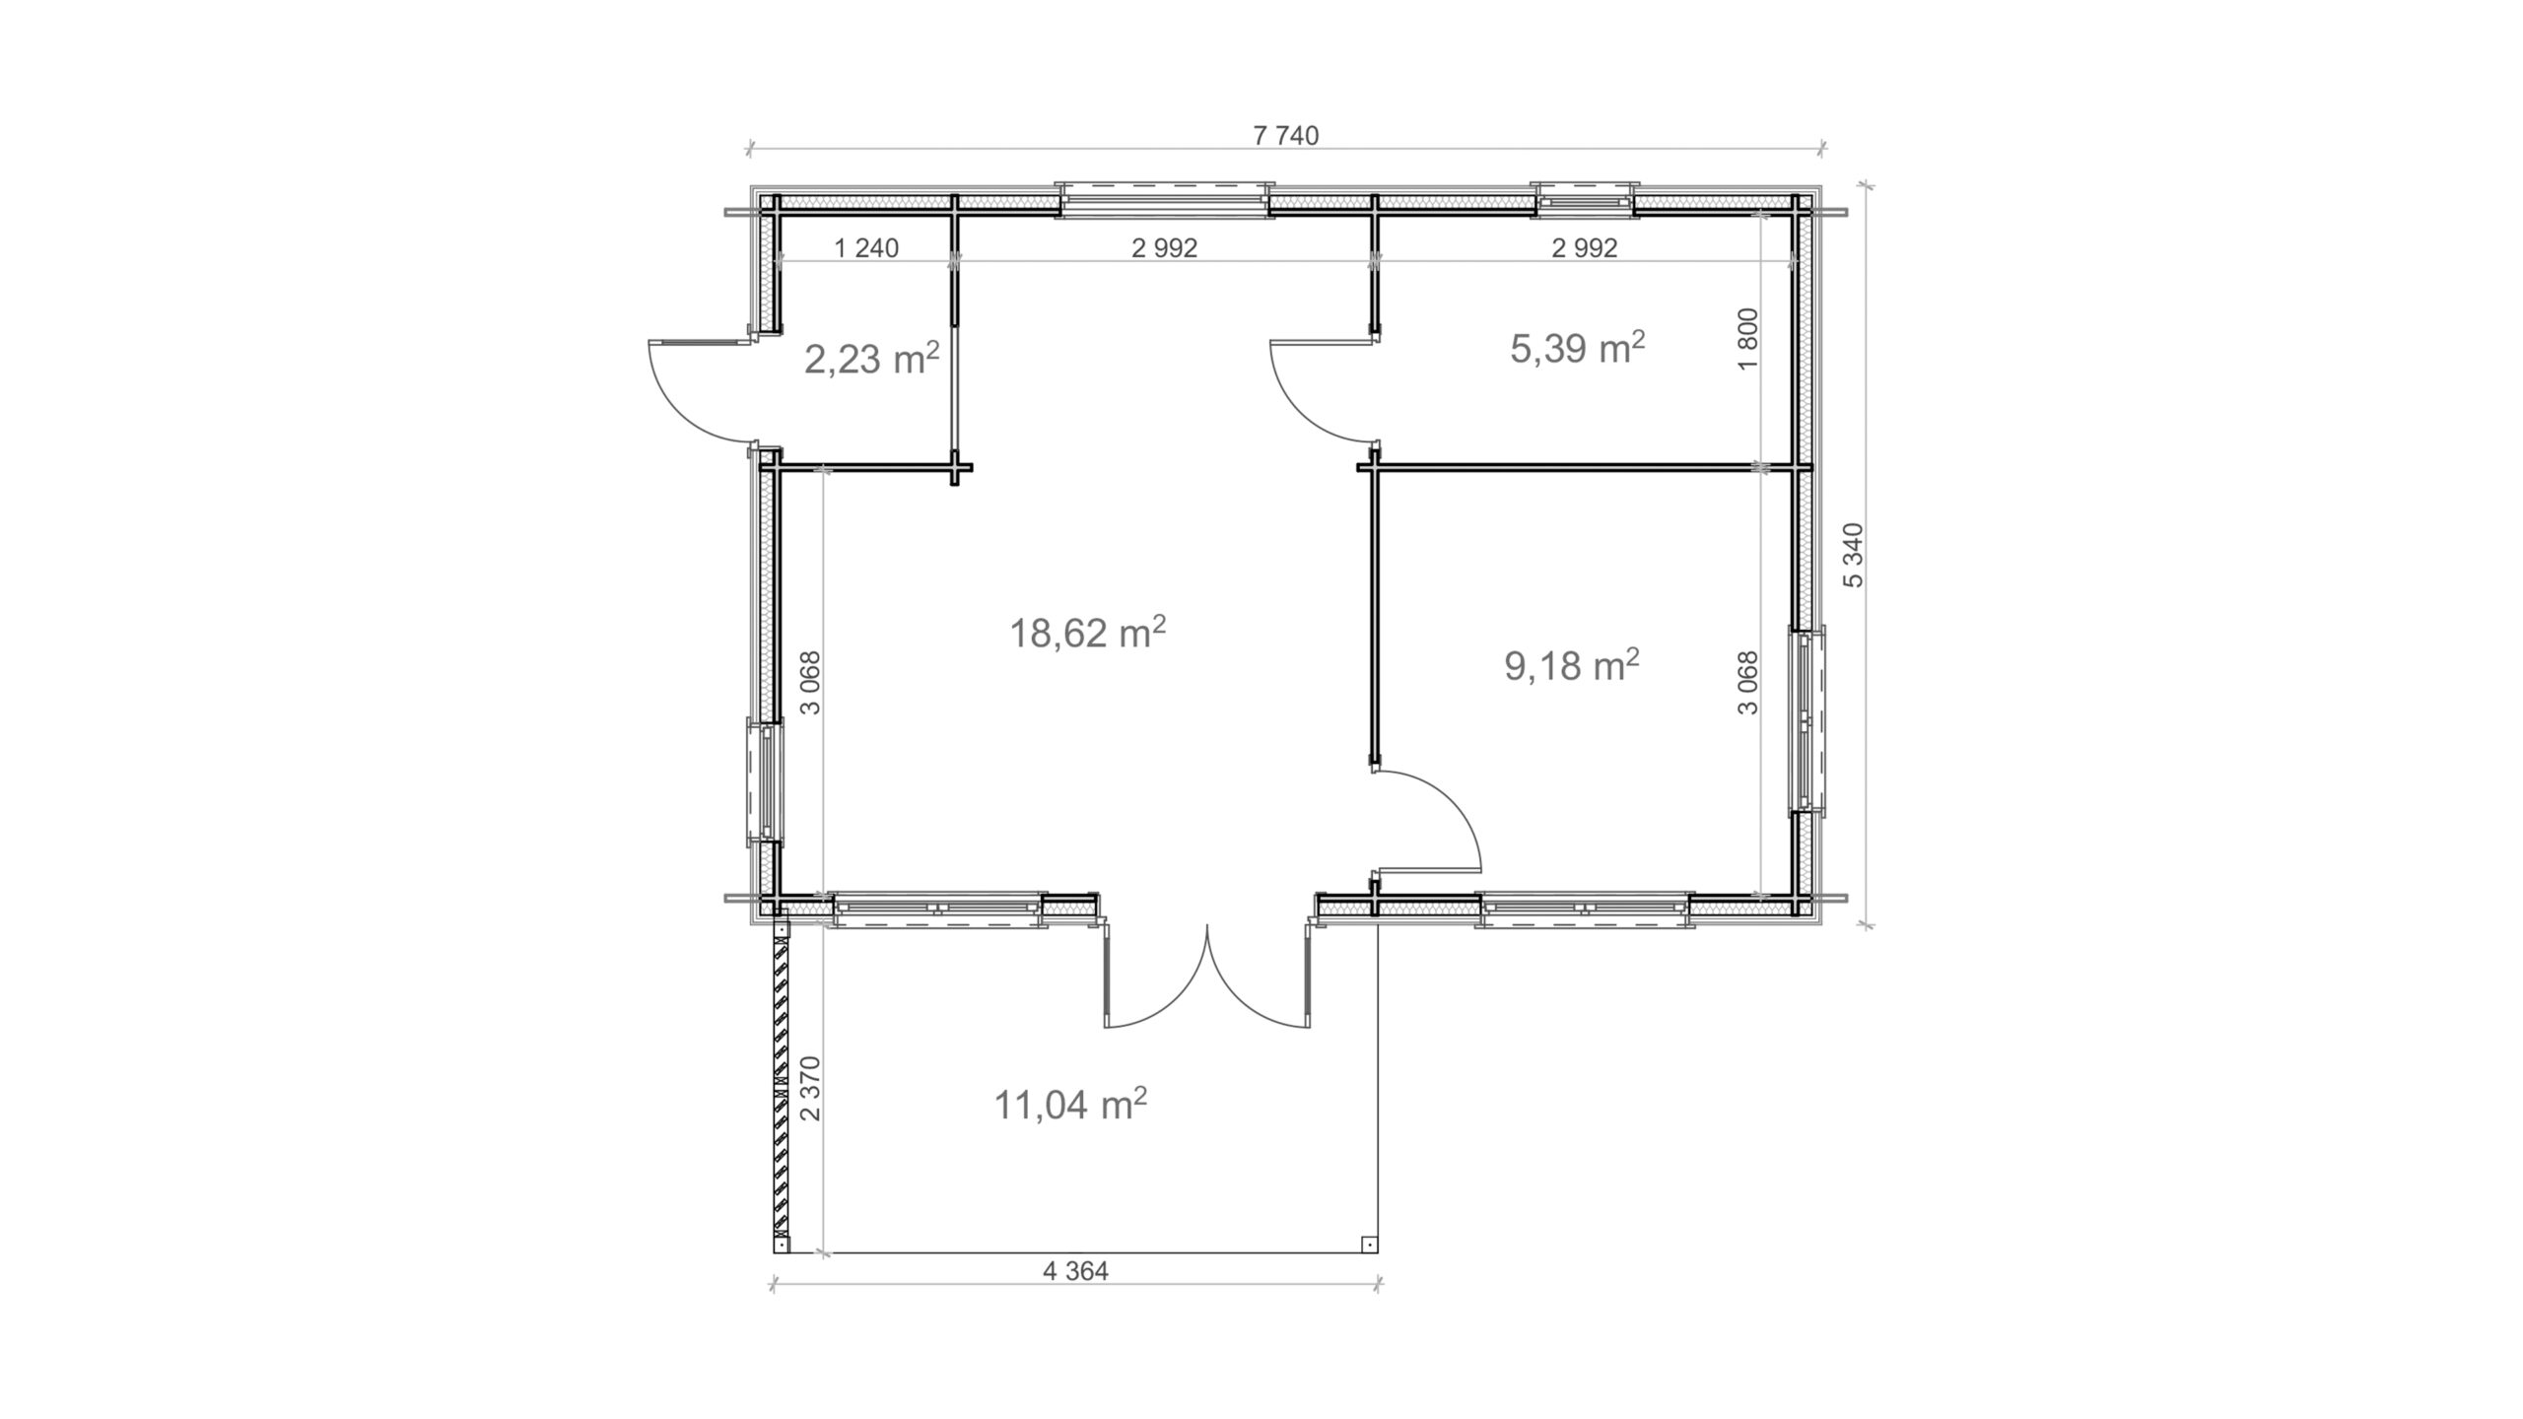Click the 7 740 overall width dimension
point(1285,136)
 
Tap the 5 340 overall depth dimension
point(1854,556)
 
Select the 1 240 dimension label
point(866,248)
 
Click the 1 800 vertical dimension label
point(1748,338)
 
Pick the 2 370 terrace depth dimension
point(810,1088)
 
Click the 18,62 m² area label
point(1087,633)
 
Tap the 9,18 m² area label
point(1571,666)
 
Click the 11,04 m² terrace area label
point(1069,1105)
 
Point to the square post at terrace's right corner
point(1368,1244)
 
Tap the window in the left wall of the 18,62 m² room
point(765,783)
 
